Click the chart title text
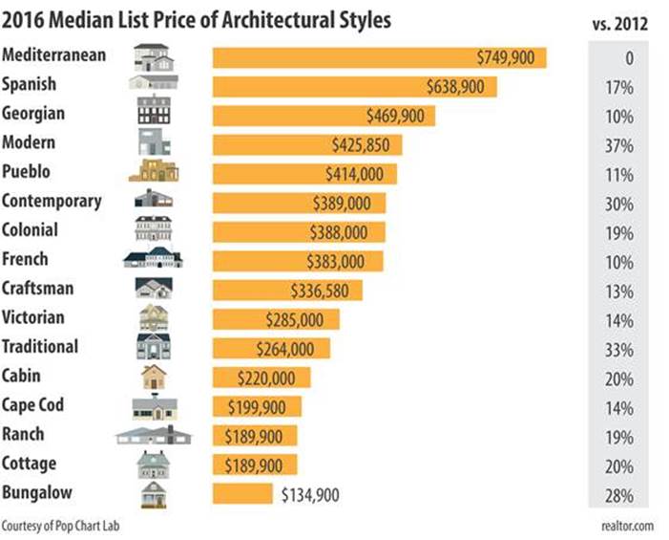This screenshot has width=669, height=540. (195, 18)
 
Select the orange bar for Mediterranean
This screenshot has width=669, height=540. (379, 57)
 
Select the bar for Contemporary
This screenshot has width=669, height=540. (299, 204)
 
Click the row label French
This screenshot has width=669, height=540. (26, 259)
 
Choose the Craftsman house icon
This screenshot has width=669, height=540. (153, 289)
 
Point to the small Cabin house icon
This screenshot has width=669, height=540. (153, 376)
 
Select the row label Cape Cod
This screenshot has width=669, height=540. (33, 404)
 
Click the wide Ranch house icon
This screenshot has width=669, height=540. (153, 436)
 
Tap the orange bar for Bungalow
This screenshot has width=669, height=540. (242, 494)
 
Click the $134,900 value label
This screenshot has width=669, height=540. (310, 494)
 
